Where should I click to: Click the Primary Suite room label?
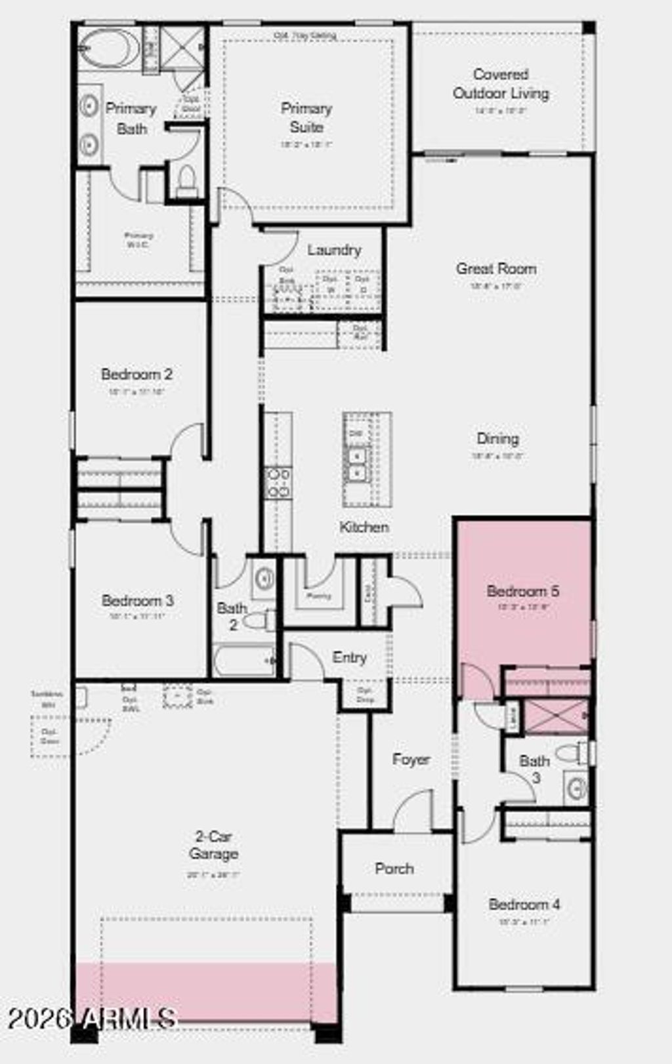pos(306,117)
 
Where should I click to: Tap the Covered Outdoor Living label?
pos(501,84)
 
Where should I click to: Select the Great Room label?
pos(496,268)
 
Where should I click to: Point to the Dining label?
pos(497,439)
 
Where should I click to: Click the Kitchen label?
pos(364,527)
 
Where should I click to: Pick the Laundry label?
pos(334,250)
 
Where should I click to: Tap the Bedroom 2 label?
pos(136,375)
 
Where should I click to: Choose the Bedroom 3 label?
pos(138,600)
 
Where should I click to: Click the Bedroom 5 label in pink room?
pos(523,591)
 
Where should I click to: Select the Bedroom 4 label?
pos(524,905)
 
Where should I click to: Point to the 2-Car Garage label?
pos(213,845)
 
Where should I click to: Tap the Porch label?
pos(394,869)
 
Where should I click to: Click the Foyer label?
pos(411,760)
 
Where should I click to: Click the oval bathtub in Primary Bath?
pos(109,49)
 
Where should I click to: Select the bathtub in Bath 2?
pos(243,660)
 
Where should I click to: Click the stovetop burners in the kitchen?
pos(278,482)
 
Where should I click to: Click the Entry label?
pos(349,657)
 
